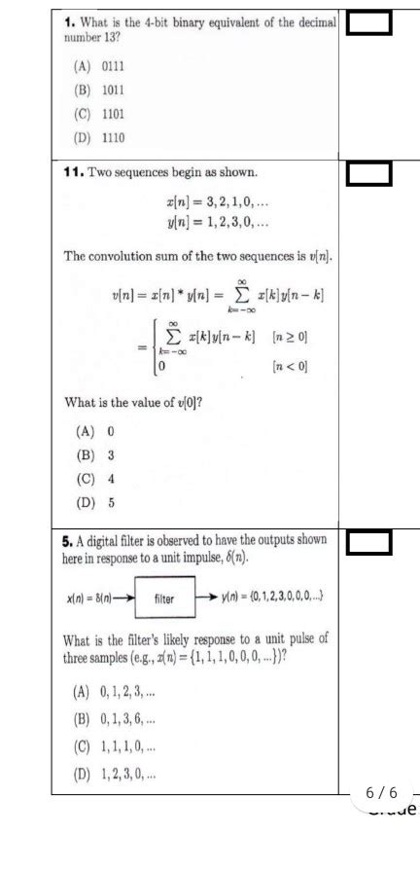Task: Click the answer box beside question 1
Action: pyautogui.click(x=368, y=23)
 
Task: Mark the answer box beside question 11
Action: pyautogui.click(x=368, y=174)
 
